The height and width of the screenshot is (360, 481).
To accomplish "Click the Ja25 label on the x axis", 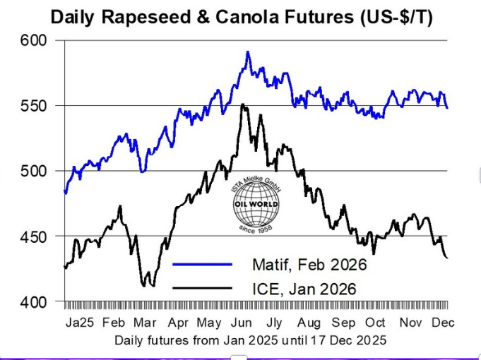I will pos(78,323).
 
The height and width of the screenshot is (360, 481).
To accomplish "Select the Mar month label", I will pos(145,323).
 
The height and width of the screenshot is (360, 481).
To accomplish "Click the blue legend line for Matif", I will pos(202,264).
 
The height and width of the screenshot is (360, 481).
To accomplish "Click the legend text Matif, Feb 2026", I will pos(309,265).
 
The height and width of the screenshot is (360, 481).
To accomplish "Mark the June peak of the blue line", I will pos(247,52).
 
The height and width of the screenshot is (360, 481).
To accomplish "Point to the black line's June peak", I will pos(243,104).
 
